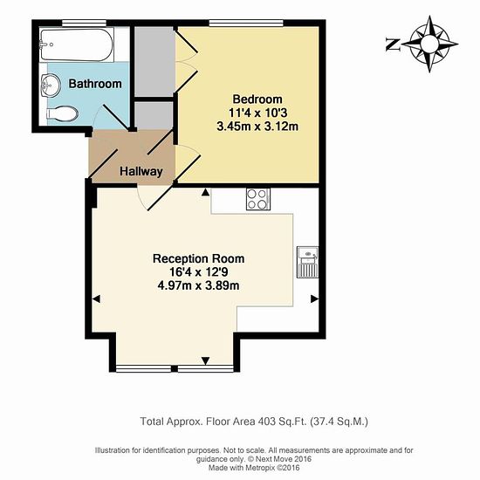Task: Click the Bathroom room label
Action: [95, 84]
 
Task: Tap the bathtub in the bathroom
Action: [77, 45]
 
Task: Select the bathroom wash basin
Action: [51, 84]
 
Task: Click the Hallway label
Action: [141, 171]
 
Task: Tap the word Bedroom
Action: [257, 99]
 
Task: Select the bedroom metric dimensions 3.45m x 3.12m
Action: [257, 127]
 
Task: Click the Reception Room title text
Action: [198, 258]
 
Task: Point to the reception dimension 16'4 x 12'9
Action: [198, 271]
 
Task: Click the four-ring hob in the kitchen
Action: [258, 199]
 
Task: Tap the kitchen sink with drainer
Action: [308, 262]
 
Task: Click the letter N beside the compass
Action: [393, 45]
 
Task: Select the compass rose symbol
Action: [429, 45]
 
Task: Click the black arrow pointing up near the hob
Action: [206, 192]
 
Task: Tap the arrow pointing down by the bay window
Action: [206, 361]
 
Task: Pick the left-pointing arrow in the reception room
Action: [96, 298]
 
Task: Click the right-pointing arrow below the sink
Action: [314, 298]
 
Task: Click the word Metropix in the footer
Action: [260, 468]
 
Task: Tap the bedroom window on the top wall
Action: [246, 23]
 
